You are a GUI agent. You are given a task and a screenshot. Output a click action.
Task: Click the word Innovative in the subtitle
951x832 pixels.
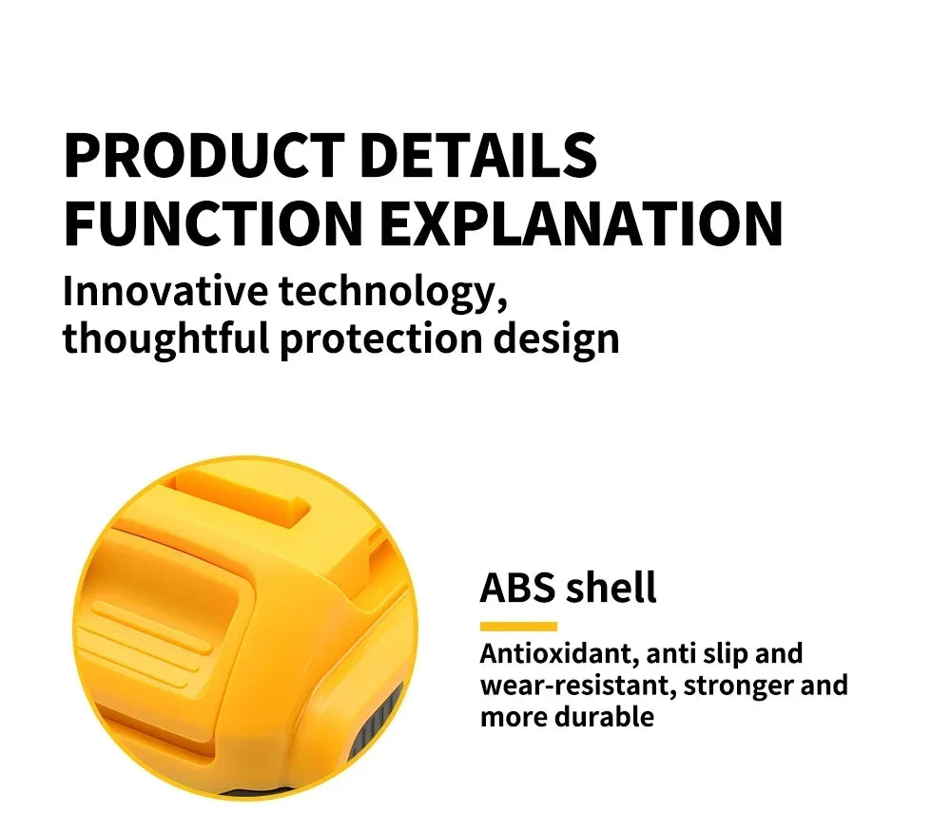(165, 291)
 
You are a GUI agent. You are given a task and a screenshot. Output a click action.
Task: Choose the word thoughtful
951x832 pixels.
(165, 339)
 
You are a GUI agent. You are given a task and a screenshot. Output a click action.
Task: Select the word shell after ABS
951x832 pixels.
(611, 588)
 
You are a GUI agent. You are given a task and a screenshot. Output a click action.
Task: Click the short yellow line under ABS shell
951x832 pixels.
(518, 627)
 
